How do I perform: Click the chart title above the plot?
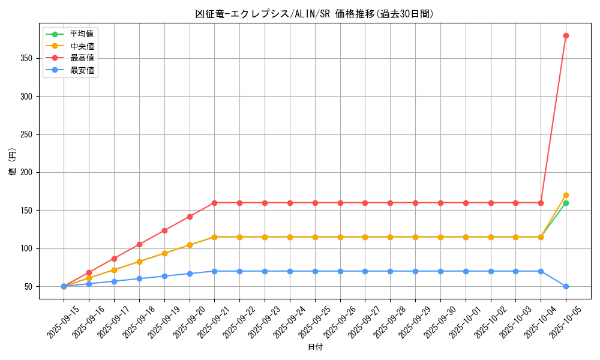tap(314, 14)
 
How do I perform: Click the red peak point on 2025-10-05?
tap(566, 35)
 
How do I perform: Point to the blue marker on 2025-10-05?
tap(566, 286)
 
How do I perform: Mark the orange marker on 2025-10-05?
tap(566, 195)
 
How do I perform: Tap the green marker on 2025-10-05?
tap(566, 203)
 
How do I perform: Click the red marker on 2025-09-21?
tap(214, 203)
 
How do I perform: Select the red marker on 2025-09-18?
tap(139, 244)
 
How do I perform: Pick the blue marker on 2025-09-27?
tap(365, 271)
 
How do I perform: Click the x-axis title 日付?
tap(315, 347)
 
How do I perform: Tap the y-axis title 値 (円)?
tap(12, 162)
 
